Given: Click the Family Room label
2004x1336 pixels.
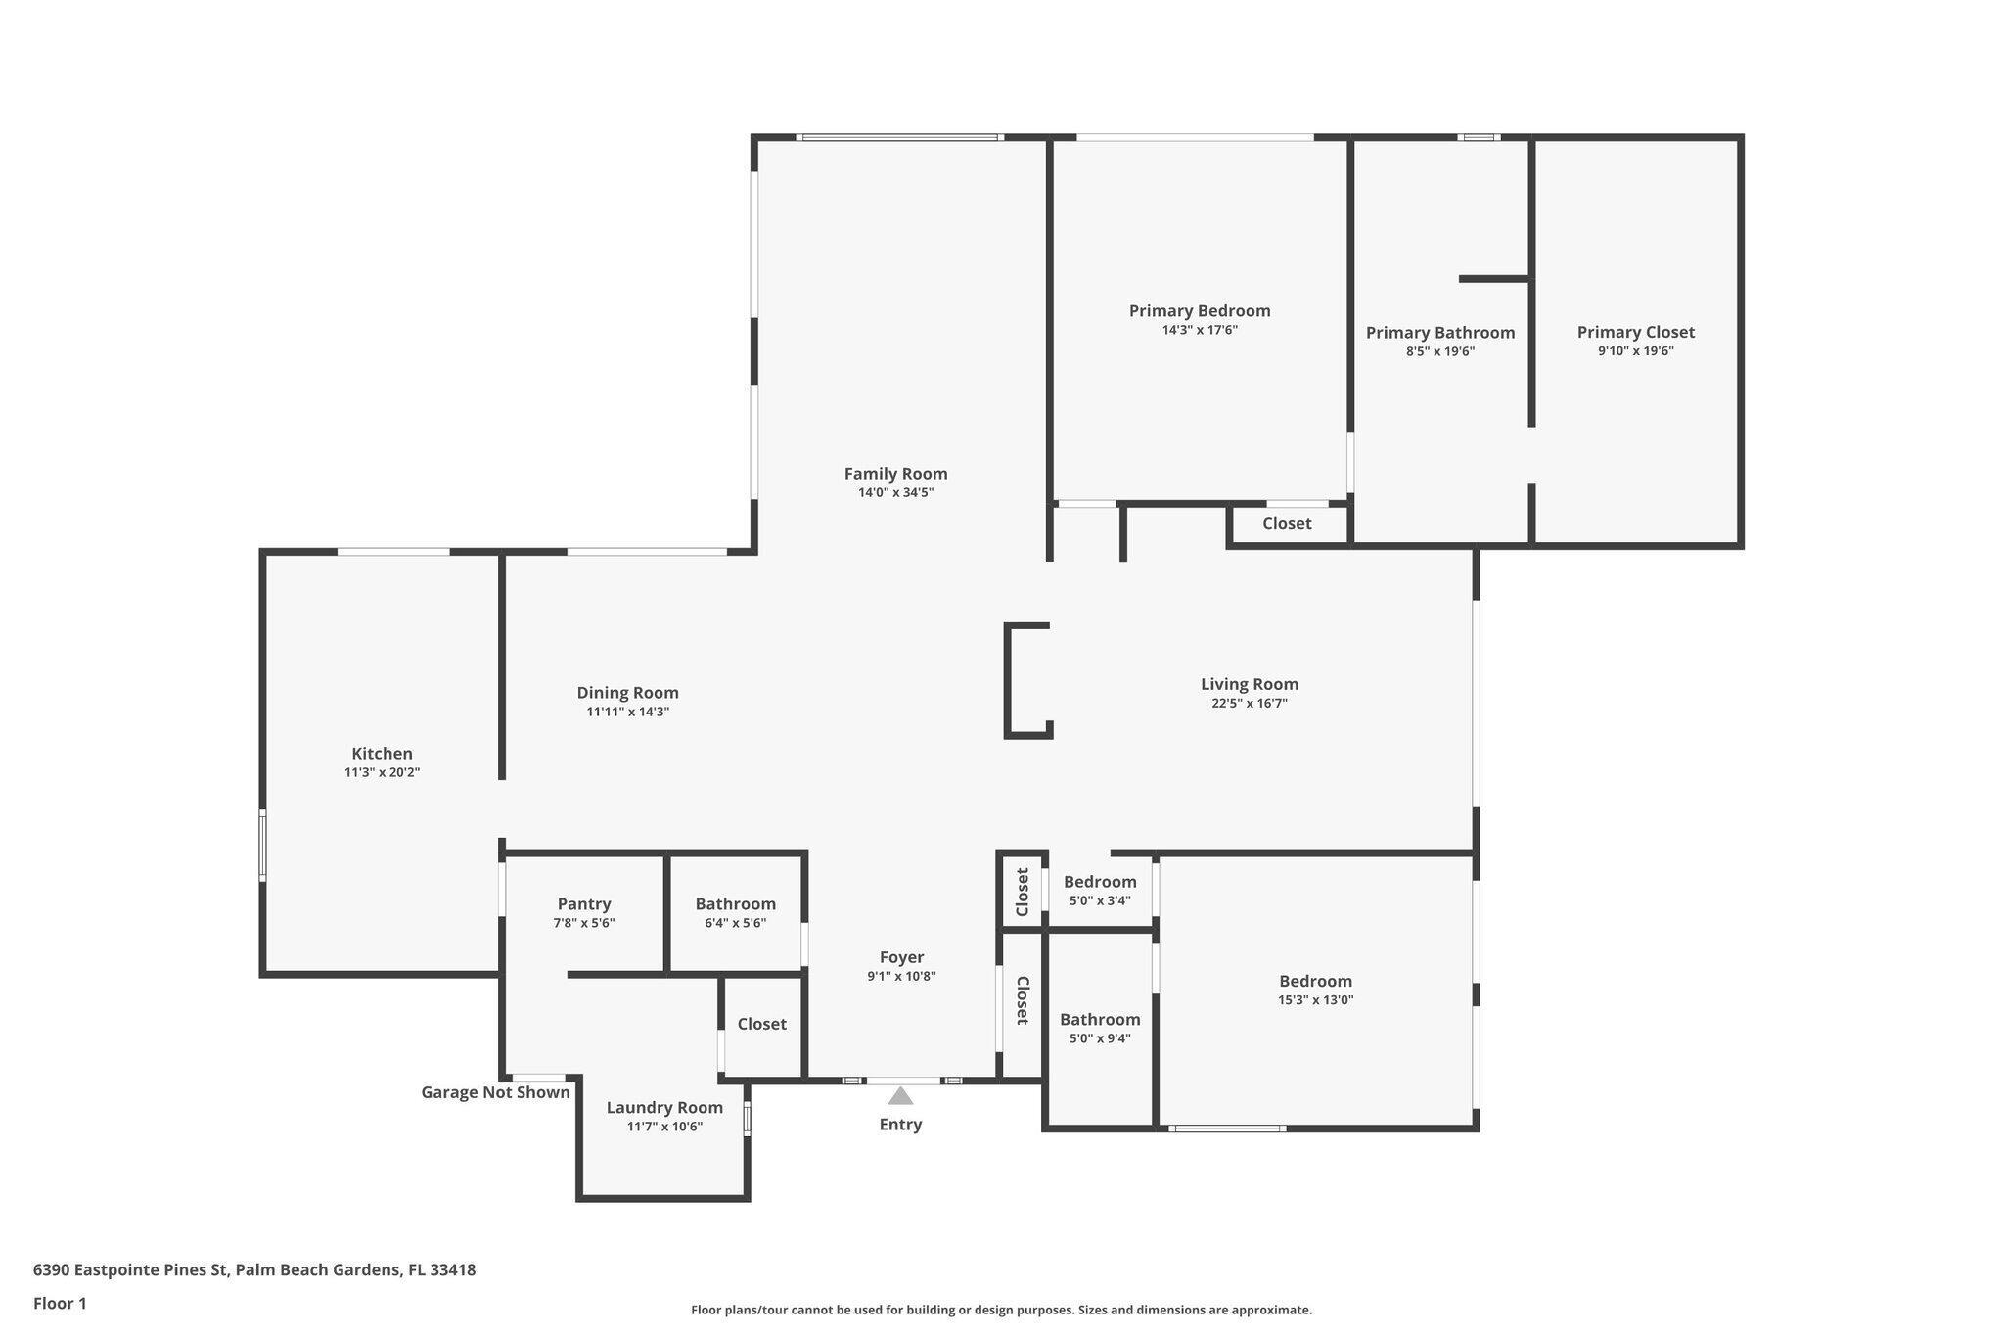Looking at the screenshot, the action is tap(895, 474).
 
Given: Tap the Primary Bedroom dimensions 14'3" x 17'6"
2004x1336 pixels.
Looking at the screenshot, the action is tap(1200, 330).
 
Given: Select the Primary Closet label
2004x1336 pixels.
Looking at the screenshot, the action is tap(1635, 332).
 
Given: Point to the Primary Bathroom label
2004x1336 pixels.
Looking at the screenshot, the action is tap(1440, 333).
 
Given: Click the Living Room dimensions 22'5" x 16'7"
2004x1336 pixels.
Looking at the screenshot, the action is tap(1249, 703).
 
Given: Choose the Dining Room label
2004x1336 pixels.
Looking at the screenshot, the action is tap(627, 693).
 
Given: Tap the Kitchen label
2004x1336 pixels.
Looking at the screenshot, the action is tap(382, 754).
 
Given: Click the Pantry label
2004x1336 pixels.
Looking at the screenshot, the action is tap(584, 904).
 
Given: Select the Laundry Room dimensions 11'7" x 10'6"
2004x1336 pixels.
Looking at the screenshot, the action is tap(664, 1127).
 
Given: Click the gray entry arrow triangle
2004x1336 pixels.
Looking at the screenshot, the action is tap(900, 1095).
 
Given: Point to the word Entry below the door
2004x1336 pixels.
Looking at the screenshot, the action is tap(900, 1125).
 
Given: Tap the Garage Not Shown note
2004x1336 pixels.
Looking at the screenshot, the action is tap(495, 1092).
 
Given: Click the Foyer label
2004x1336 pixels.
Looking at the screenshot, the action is tap(901, 957).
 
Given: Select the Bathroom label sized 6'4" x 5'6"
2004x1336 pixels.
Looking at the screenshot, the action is tap(736, 904).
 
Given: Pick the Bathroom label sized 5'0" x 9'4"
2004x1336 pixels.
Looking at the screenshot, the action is tap(1100, 1020).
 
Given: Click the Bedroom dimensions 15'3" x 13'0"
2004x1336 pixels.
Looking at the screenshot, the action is tap(1315, 1000).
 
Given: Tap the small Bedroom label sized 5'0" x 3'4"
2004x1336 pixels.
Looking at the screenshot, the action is tap(1100, 882).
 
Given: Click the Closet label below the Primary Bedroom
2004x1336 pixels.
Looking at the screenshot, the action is tap(1287, 523).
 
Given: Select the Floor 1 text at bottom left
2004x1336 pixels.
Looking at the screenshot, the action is tap(60, 1303).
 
